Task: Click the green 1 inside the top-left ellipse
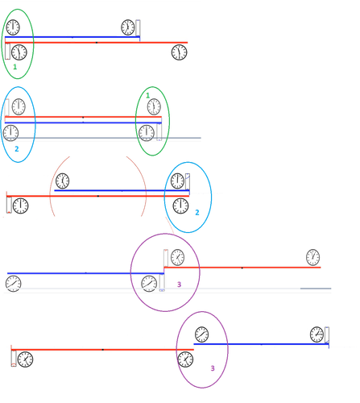click(15, 67)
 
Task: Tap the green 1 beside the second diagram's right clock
click(147, 95)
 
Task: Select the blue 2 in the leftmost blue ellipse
click(17, 149)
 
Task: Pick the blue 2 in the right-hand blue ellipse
click(197, 213)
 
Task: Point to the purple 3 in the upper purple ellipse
click(179, 285)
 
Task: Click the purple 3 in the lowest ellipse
click(213, 368)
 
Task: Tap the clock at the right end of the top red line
click(179, 52)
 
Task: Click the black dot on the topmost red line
click(97, 43)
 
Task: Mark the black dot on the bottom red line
click(103, 350)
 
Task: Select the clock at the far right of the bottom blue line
click(317, 334)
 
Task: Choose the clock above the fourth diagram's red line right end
click(312, 257)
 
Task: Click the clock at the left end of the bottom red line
click(25, 359)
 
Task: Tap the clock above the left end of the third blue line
click(62, 181)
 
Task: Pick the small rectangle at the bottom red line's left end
click(14, 359)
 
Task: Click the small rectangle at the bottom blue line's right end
click(327, 334)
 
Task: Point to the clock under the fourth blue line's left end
click(14, 284)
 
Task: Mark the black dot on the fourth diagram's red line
click(242, 268)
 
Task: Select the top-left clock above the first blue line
click(13, 27)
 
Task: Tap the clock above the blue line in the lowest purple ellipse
click(201, 334)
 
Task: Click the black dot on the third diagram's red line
click(98, 196)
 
